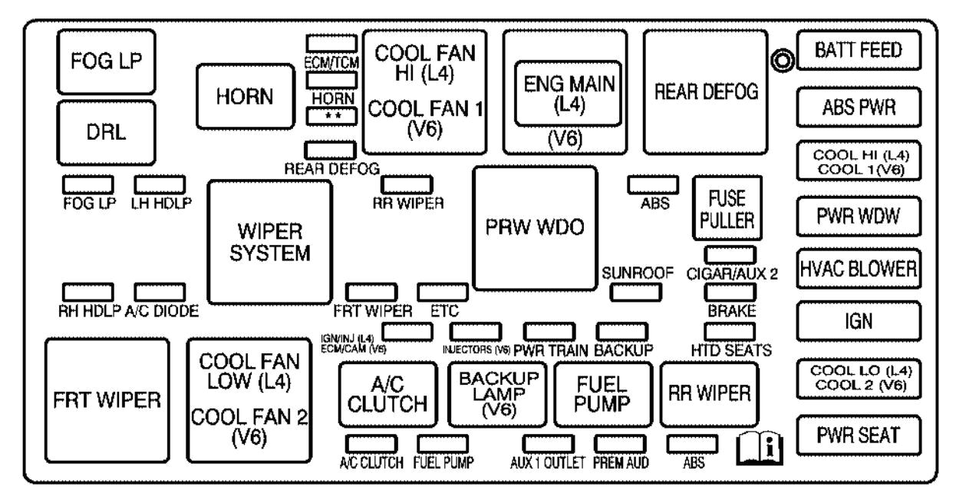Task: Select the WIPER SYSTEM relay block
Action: (x=270, y=242)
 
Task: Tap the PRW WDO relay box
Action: (x=535, y=227)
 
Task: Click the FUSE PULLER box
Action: (x=727, y=208)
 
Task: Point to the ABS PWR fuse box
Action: (x=858, y=108)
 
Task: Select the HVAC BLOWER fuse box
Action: (x=858, y=269)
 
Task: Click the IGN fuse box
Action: (x=858, y=322)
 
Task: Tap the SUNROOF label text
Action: (x=638, y=273)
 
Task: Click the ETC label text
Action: (x=443, y=311)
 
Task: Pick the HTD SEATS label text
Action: (x=730, y=349)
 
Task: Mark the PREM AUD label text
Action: (x=621, y=463)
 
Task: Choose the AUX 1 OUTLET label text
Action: (x=548, y=463)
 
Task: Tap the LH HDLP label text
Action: (x=160, y=203)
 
